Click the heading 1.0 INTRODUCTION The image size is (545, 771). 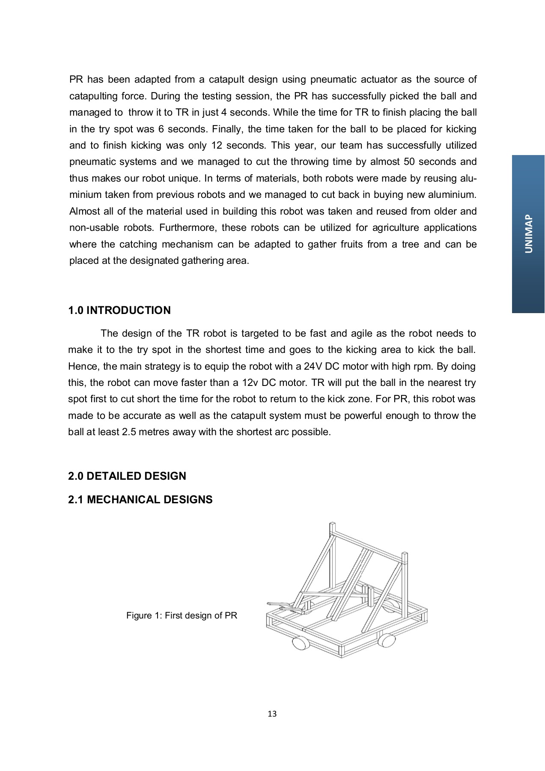tap(119, 311)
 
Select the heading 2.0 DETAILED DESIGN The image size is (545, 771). tap(127, 476)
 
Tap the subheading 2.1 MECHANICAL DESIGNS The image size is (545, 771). tap(140, 500)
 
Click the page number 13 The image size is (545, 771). tap(272, 714)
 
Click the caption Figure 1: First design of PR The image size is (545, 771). tap(182, 616)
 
